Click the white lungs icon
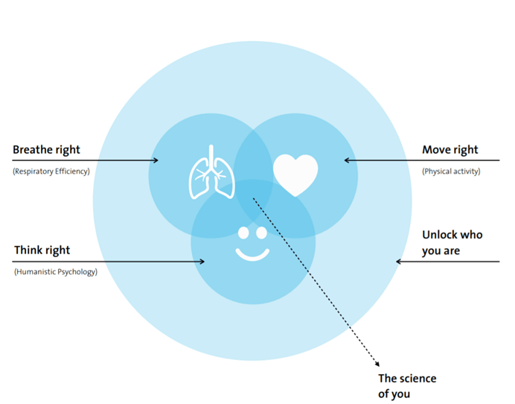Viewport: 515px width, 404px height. click(x=211, y=174)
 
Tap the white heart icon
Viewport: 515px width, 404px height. click(x=295, y=174)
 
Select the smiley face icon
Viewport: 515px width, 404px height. click(x=252, y=243)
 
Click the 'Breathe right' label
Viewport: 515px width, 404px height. click(x=46, y=150)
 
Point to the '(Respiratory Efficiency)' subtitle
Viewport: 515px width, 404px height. click(x=51, y=171)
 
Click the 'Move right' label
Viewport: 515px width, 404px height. click(x=450, y=150)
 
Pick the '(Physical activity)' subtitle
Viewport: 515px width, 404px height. click(x=451, y=171)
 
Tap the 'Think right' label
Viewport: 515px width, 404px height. click(x=42, y=250)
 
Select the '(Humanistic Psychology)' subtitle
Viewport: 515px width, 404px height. click(x=56, y=272)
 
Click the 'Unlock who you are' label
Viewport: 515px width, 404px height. click(x=452, y=242)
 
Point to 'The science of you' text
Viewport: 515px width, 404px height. click(x=406, y=385)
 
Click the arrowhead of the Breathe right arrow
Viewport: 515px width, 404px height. click(x=156, y=160)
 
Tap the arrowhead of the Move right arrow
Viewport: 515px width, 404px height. click(x=347, y=160)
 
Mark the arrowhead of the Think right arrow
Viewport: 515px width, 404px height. click(x=202, y=261)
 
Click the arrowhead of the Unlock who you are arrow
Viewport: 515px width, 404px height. click(x=399, y=261)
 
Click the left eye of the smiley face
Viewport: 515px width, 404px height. click(x=243, y=233)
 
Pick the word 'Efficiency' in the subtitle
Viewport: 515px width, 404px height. click(x=69, y=171)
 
